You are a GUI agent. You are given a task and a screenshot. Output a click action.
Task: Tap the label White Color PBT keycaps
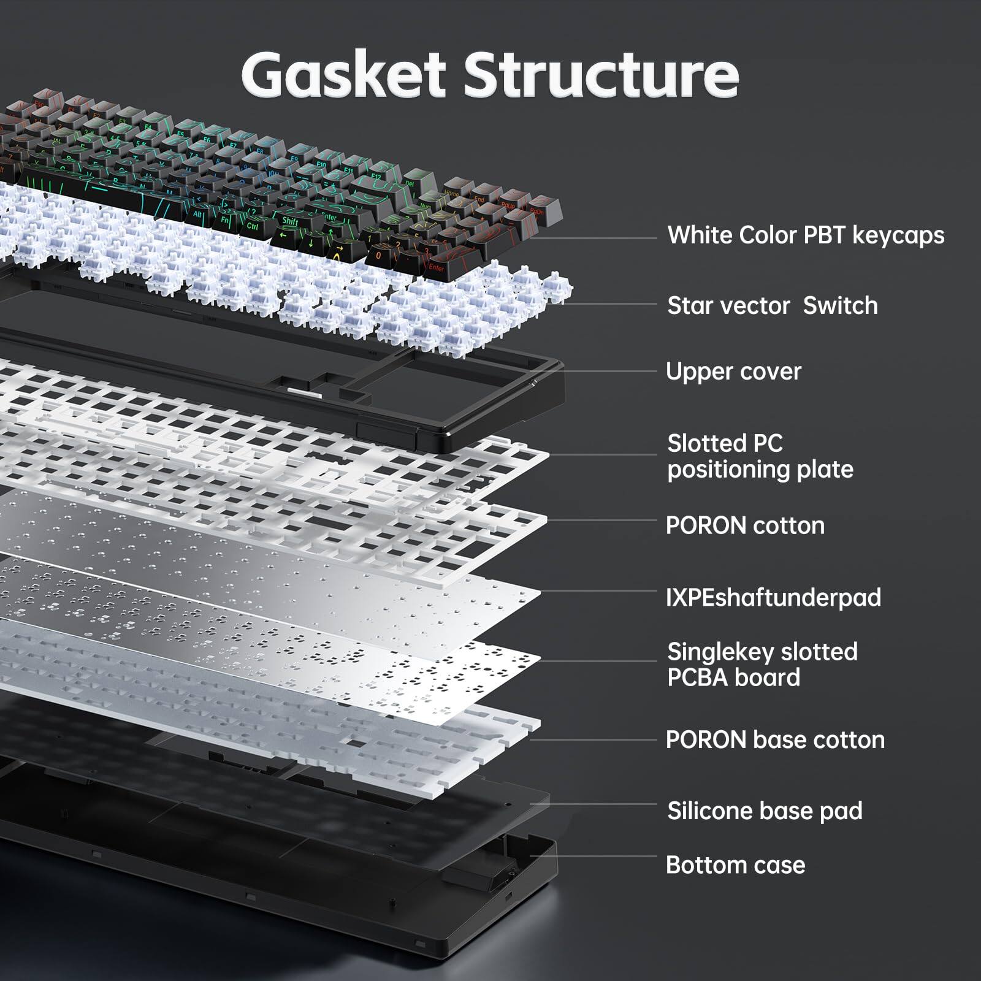click(x=806, y=235)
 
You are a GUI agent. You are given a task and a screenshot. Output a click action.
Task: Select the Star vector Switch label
click(x=772, y=305)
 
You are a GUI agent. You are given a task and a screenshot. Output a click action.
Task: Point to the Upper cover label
click(x=733, y=372)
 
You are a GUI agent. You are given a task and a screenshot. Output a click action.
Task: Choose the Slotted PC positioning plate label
click(x=760, y=456)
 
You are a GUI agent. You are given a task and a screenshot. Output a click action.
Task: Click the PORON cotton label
click(x=745, y=525)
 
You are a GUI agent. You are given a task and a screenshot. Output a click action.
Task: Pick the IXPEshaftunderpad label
click(x=773, y=597)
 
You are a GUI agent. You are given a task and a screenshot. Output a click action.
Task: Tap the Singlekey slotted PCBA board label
click(x=762, y=665)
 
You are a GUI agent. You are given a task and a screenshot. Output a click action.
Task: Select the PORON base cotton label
click(x=775, y=740)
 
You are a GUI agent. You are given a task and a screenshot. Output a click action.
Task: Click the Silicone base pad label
click(x=765, y=811)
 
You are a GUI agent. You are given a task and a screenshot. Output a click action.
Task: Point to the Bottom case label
click(x=735, y=865)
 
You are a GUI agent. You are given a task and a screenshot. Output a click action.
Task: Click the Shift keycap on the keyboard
click(x=290, y=221)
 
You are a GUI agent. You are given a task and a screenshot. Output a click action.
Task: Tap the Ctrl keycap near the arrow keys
click(x=252, y=226)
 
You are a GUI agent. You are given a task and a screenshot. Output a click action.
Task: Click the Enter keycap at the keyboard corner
click(x=436, y=267)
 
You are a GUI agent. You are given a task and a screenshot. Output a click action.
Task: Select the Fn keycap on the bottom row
click(x=225, y=219)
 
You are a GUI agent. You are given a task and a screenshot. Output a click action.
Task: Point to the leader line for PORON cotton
click(x=601, y=521)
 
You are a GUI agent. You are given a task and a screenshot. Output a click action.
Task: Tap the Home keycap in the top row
click(x=451, y=193)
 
